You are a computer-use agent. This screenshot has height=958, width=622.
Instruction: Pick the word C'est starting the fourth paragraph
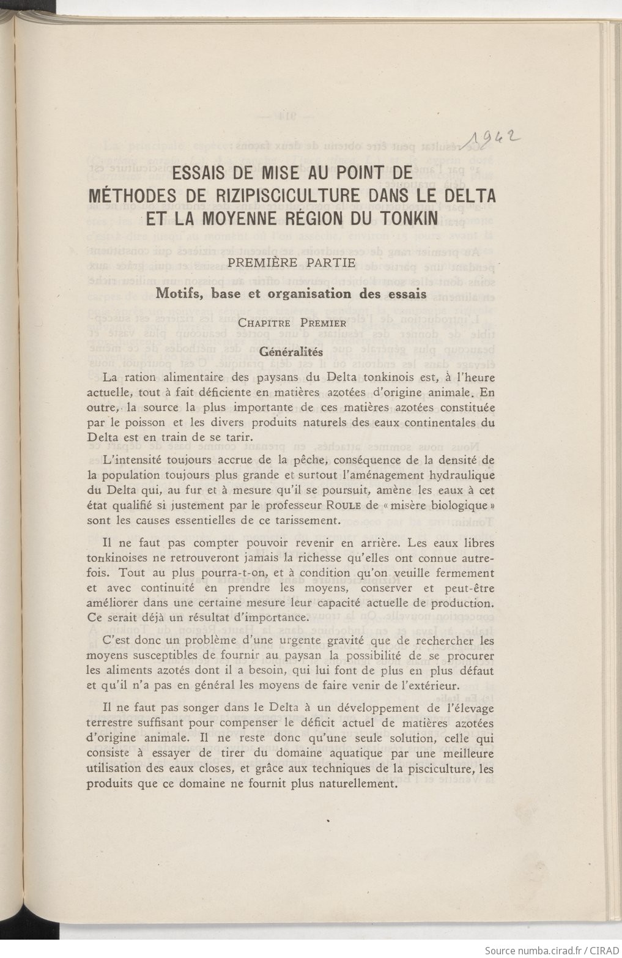coord(117,642)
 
